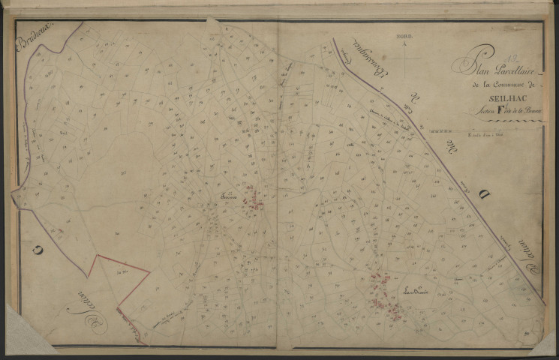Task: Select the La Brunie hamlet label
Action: click(x=414, y=290)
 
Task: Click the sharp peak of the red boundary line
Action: click(x=95, y=256)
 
